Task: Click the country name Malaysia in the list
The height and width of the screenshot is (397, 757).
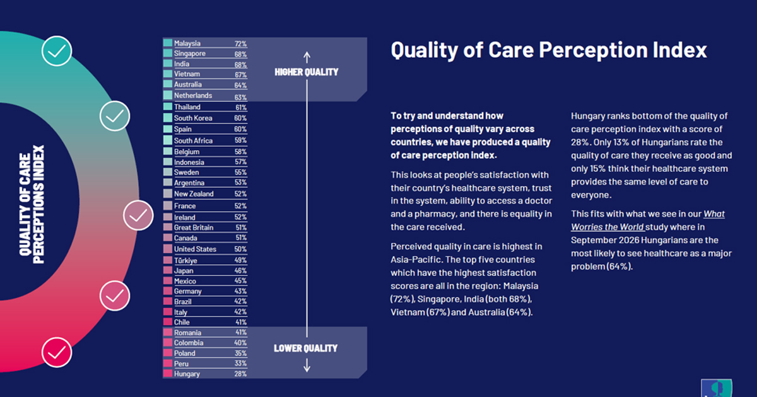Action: pos(187,43)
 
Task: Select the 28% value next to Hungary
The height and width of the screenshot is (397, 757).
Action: pos(240,374)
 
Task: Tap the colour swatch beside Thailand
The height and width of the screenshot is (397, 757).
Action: pos(168,106)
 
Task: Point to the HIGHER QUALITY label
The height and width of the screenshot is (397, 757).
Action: pos(306,72)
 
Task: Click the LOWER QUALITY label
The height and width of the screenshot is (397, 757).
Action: pos(305,348)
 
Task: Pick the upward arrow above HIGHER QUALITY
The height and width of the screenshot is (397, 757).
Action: pos(307,57)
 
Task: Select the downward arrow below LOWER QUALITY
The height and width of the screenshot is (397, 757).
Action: pos(307,365)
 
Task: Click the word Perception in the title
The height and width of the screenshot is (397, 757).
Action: pos(593,50)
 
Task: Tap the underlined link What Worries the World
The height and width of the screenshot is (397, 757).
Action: pos(648,221)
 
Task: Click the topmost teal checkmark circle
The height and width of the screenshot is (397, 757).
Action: pos(57,51)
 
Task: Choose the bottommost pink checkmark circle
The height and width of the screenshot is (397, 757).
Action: pos(57,352)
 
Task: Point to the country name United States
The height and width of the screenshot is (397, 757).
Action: pos(195,249)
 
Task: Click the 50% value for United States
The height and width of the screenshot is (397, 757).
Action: pos(240,249)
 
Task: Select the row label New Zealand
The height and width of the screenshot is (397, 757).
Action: pos(194,194)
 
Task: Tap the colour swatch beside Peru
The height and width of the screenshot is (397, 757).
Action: pos(168,363)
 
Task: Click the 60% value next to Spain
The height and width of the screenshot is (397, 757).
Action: pos(240,129)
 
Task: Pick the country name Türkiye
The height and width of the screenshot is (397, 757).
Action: pos(185,260)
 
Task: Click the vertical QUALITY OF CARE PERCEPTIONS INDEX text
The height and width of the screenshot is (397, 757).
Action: pos(32,205)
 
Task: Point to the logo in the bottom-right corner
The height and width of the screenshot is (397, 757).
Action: pos(717,388)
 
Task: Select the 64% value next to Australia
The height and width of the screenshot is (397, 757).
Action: pos(240,85)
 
